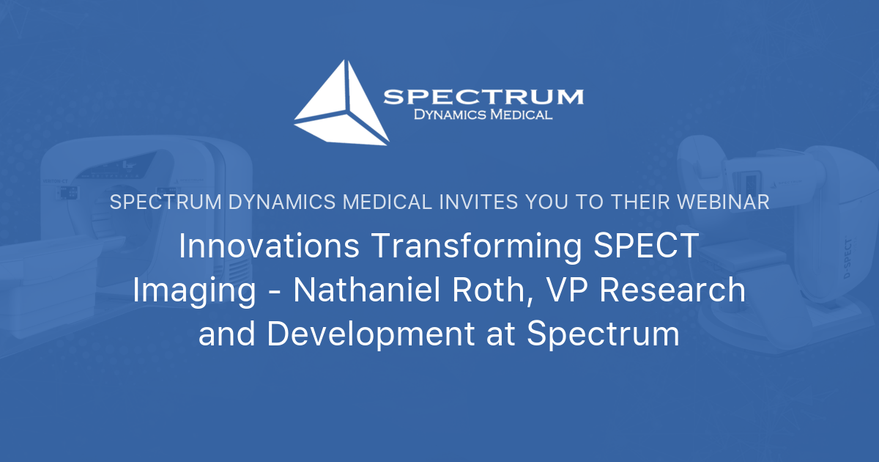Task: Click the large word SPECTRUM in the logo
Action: point(483,97)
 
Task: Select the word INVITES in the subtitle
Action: point(479,202)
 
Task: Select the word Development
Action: point(371,334)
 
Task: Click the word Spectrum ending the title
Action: point(604,334)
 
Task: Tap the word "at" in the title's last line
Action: point(502,334)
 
